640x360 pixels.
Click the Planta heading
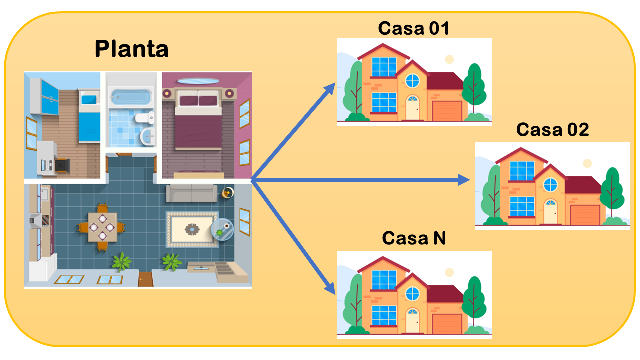(x=131, y=49)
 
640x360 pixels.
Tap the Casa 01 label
(x=413, y=28)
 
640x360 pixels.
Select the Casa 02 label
(x=552, y=130)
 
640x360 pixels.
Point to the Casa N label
(x=414, y=238)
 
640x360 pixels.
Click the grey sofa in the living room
(x=192, y=193)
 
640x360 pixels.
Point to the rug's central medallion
(x=192, y=229)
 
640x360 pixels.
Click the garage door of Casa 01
(x=447, y=111)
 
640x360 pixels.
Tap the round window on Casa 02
(x=550, y=185)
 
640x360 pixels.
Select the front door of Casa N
(x=412, y=321)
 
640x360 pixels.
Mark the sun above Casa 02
(x=587, y=163)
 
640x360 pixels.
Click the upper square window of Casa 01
(x=384, y=67)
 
